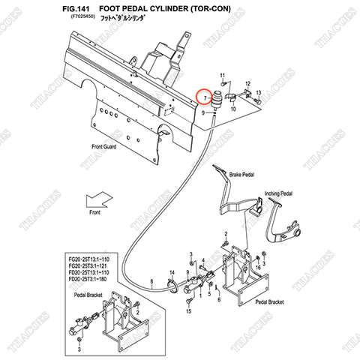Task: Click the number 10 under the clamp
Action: point(232,109)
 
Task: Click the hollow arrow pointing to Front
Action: point(98,202)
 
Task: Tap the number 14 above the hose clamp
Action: point(172,272)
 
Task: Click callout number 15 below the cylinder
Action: point(187,310)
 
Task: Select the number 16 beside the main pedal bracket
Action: point(259,267)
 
